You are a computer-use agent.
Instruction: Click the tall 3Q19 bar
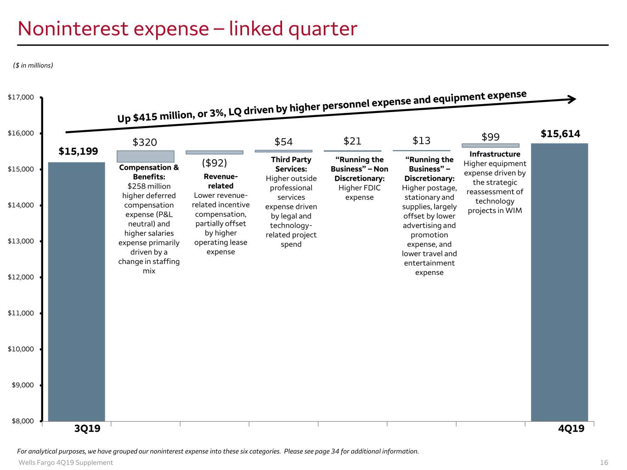(76, 291)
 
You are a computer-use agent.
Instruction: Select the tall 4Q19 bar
(559, 282)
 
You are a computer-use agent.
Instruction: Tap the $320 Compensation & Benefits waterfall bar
(146, 157)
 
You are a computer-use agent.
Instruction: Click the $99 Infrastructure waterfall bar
(491, 145)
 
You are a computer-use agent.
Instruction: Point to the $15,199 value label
(78, 151)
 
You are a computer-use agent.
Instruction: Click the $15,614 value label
(560, 134)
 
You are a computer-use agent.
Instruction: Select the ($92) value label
(214, 163)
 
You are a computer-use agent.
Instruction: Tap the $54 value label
(283, 141)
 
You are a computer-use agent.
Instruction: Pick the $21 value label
(352, 141)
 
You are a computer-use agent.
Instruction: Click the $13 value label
(421, 140)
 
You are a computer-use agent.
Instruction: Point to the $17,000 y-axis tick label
(21, 97)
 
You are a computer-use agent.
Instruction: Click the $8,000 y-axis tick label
(23, 421)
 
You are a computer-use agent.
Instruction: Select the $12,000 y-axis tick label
(21, 277)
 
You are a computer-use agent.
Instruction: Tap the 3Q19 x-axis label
(87, 428)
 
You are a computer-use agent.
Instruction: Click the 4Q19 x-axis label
(571, 428)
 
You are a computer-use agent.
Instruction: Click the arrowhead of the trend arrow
(572, 99)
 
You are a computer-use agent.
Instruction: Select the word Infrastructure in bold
(495, 154)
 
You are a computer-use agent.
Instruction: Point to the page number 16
(604, 462)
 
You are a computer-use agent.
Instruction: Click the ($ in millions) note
(33, 65)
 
